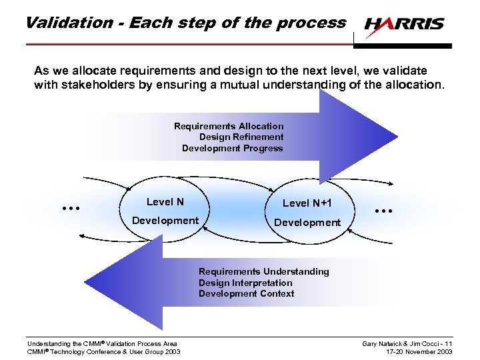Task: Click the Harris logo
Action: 404,24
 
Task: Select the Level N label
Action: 165,202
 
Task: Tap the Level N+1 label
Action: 307,203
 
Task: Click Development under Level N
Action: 165,221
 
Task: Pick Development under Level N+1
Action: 307,223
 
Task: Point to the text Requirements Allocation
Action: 229,126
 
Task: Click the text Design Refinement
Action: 241,137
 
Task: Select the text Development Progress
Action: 232,148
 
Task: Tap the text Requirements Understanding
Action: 263,271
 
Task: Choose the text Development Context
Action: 246,293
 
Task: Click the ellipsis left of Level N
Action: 70,208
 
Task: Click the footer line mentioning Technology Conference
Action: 103,351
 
